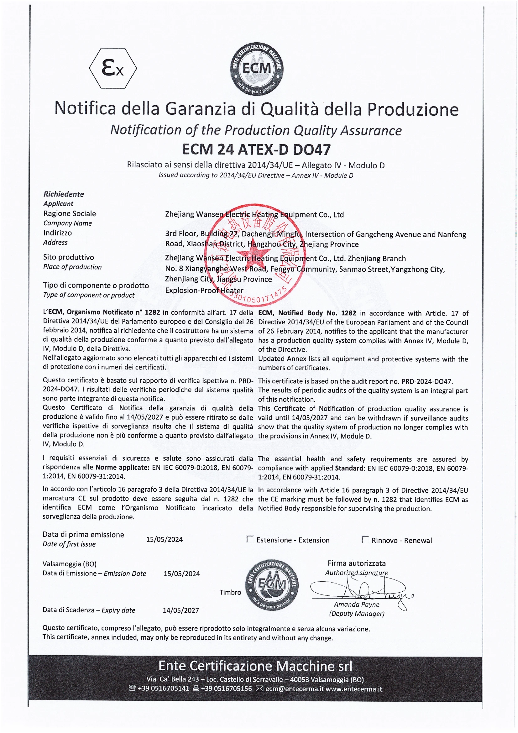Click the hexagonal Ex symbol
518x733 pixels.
pyautogui.click(x=113, y=68)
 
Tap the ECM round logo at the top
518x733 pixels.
pyautogui.click(x=257, y=68)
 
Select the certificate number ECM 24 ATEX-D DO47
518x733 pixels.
pyautogui.click(x=256, y=149)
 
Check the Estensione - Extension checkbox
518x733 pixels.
pyautogui.click(x=250, y=539)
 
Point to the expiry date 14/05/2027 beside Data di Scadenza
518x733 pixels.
pyautogui.click(x=181, y=610)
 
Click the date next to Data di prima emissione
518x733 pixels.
pyautogui.click(x=165, y=539)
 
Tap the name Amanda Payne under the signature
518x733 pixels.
pyautogui.click(x=357, y=604)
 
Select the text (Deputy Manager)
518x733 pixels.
pyautogui.click(x=357, y=613)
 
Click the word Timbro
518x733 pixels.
pyautogui.click(x=230, y=592)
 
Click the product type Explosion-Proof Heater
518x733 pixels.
pyautogui.click(x=204, y=290)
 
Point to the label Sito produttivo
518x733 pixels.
pyautogui.click(x=69, y=257)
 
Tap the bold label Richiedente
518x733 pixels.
pyautogui.click(x=64, y=194)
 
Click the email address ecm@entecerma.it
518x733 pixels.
pyautogui.click(x=294, y=688)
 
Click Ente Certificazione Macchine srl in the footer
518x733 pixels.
pyautogui.click(x=255, y=666)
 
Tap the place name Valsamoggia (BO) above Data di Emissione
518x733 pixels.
pyautogui.click(x=70, y=564)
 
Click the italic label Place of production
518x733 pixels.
pyautogui.click(x=72, y=267)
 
